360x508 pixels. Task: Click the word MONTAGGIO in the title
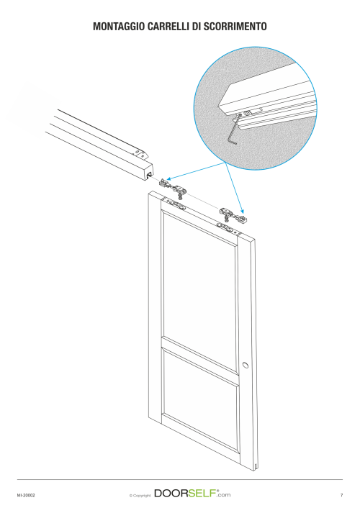coord(119,27)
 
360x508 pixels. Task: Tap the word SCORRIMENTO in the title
coord(235,27)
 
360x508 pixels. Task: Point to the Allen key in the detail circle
coord(236,130)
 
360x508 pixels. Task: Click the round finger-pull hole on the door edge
coord(246,365)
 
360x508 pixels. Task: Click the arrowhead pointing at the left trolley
coord(169,178)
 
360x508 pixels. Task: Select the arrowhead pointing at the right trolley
coord(242,211)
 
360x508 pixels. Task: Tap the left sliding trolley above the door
coord(173,189)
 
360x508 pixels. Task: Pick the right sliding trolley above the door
coord(233,217)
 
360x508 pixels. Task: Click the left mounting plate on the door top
coord(174,204)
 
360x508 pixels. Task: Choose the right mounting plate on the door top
coord(229,228)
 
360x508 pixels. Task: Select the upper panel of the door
coord(200,279)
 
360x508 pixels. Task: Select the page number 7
coord(341,495)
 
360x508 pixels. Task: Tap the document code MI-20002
coord(26,495)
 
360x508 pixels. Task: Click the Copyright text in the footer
coord(140,495)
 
